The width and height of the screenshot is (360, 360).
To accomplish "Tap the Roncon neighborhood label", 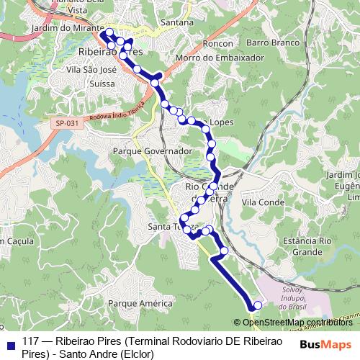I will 217,43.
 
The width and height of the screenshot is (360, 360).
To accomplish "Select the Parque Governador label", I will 152,151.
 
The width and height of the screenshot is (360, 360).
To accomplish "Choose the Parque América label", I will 140,304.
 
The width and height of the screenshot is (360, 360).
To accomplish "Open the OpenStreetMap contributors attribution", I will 295,322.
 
